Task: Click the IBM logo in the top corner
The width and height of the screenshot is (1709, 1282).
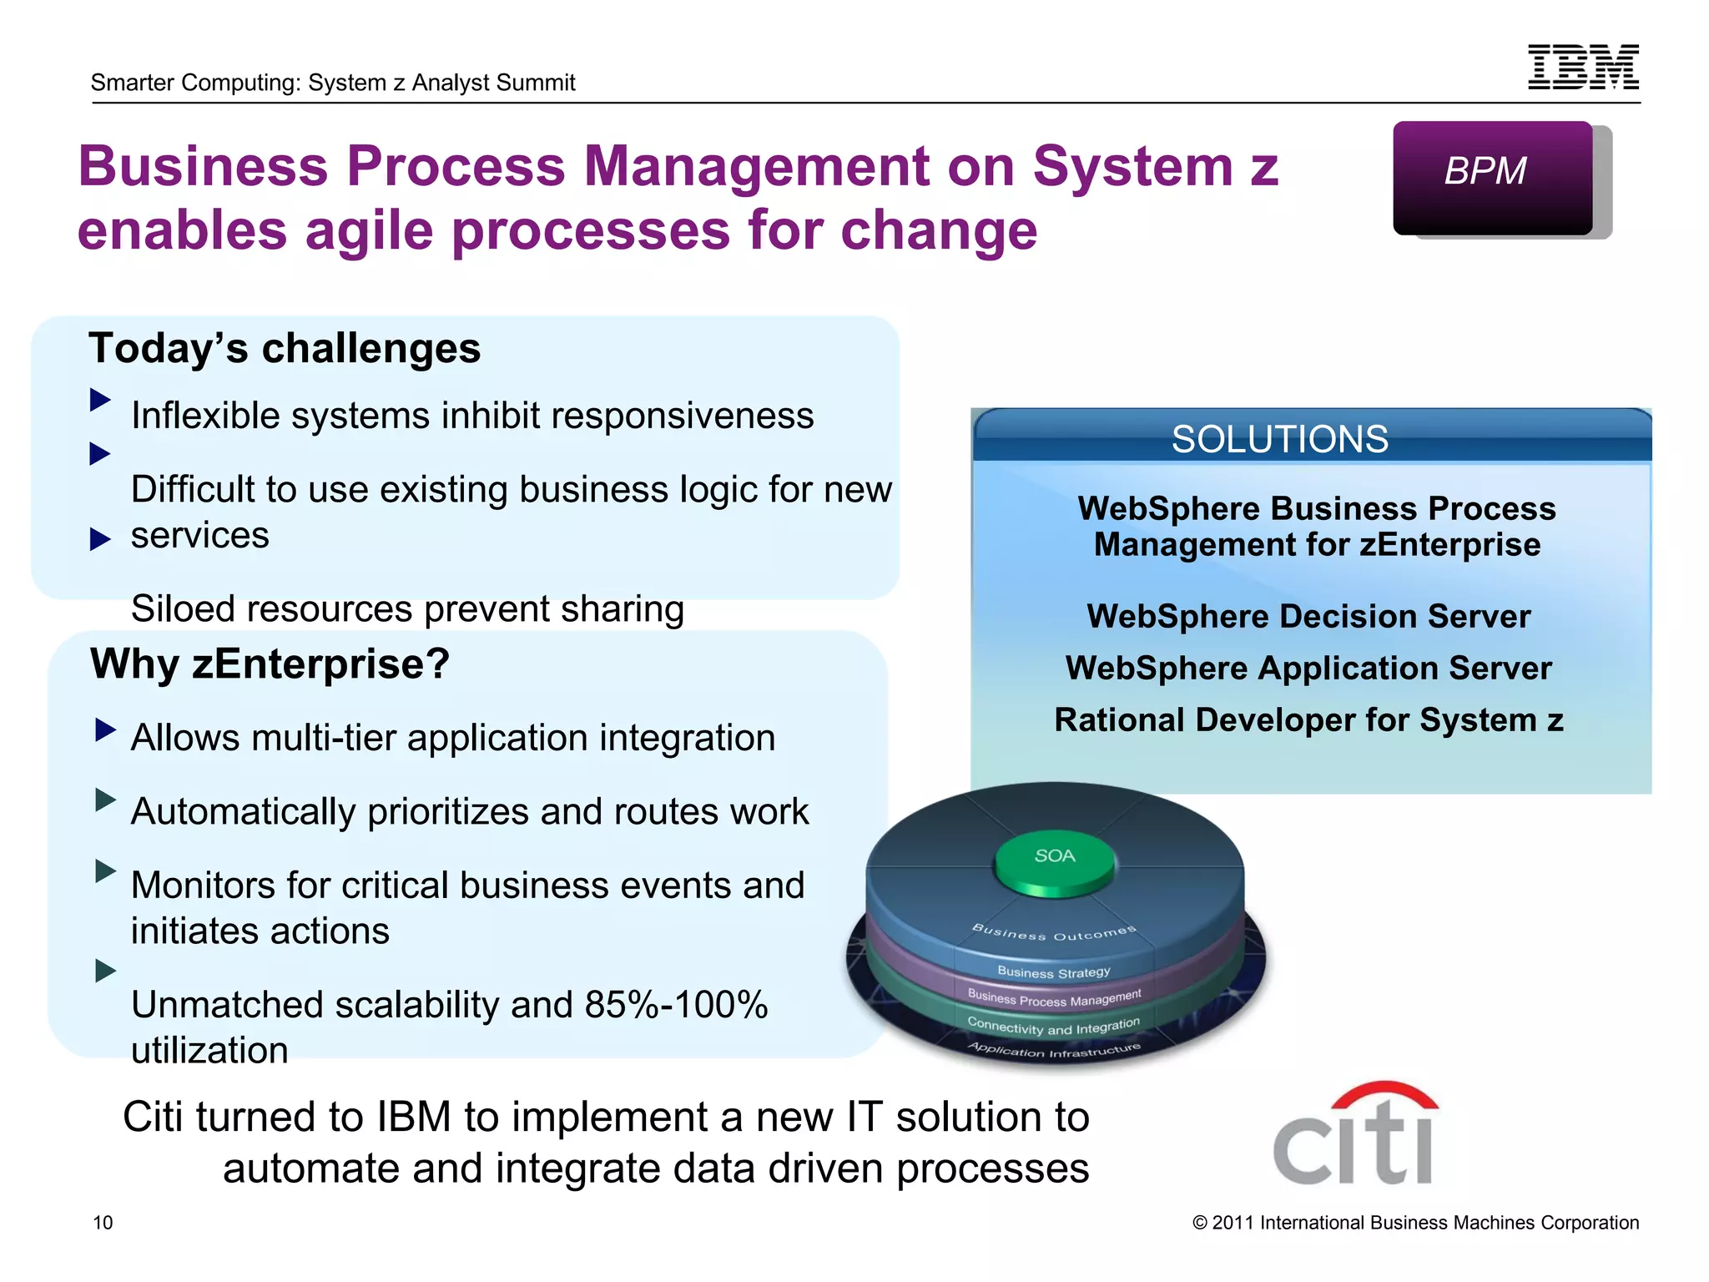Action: click(x=1583, y=67)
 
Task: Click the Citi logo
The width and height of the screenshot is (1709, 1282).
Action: click(x=1354, y=1135)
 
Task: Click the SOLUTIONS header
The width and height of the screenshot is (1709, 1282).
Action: click(x=1279, y=439)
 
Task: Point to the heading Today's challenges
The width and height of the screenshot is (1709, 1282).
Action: click(x=285, y=348)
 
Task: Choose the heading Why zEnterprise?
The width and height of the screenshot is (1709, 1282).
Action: click(x=270, y=664)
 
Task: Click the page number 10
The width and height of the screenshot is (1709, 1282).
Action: click(x=103, y=1223)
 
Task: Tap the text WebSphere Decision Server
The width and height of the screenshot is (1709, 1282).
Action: click(x=1308, y=617)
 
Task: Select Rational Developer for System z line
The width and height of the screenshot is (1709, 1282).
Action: click(x=1308, y=720)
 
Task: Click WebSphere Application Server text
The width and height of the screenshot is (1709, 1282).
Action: click(x=1308, y=669)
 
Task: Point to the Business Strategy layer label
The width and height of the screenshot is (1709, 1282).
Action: click(x=1054, y=972)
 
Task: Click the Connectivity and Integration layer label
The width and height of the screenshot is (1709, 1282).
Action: click(x=1053, y=1027)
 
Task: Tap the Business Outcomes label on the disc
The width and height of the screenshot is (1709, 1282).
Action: click(x=1054, y=933)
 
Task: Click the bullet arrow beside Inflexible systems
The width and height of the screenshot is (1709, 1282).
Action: click(x=100, y=400)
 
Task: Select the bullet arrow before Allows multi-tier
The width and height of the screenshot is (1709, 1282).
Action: click(x=105, y=730)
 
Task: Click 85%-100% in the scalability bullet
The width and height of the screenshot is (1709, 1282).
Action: click(x=676, y=1005)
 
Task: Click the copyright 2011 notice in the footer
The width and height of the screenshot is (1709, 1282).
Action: click(x=1415, y=1223)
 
